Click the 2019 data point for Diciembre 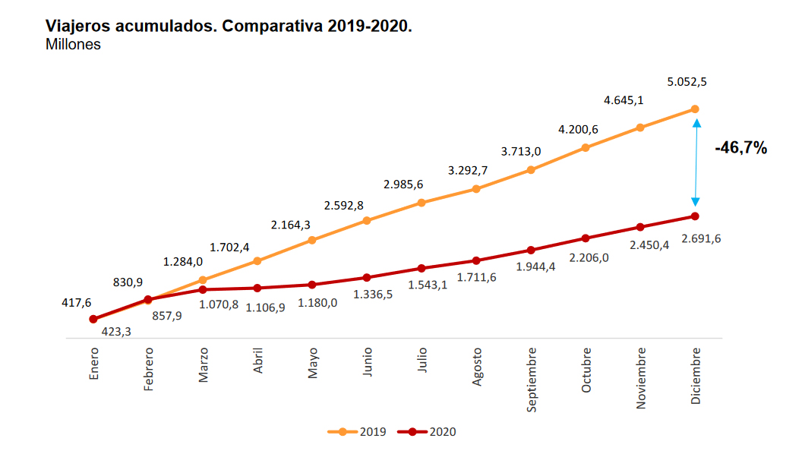(x=695, y=109)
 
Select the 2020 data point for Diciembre (x=695, y=216)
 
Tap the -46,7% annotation (x=740, y=149)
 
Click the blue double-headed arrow (x=696, y=162)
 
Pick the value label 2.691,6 (x=702, y=238)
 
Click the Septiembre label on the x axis (x=532, y=380)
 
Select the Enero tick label (x=93, y=364)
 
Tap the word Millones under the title (x=73, y=45)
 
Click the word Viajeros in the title (x=78, y=26)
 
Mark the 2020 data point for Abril (x=257, y=288)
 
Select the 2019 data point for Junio (x=367, y=221)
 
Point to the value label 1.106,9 (x=264, y=307)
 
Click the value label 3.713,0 (x=521, y=151)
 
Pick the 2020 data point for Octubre (x=586, y=238)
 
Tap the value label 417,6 (x=77, y=302)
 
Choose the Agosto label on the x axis (x=477, y=367)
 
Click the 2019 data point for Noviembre (x=640, y=128)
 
